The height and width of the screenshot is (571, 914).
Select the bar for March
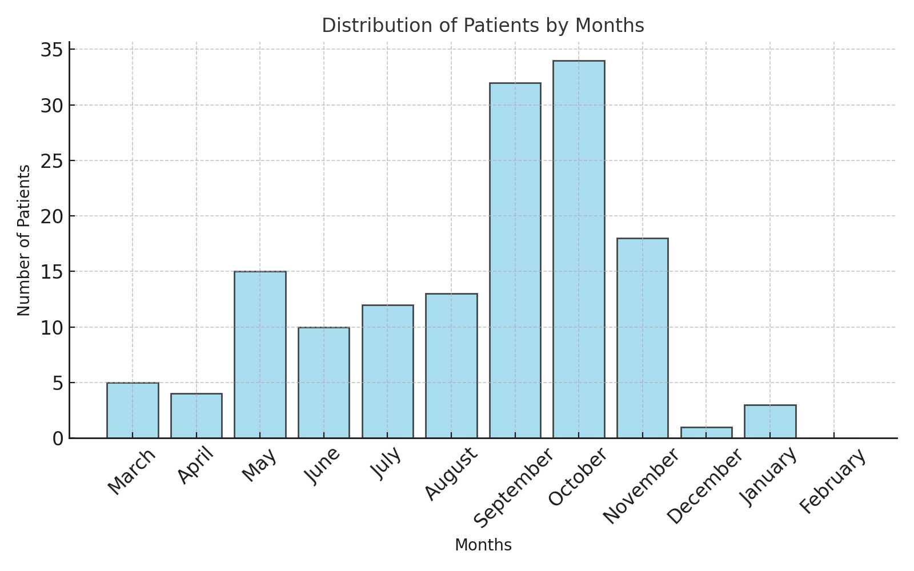[133, 411]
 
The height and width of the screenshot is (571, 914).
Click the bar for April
[197, 416]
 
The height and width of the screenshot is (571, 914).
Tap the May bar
[260, 355]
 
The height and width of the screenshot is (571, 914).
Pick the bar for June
[324, 383]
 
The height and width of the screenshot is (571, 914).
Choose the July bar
[388, 372]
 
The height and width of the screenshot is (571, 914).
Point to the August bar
[451, 366]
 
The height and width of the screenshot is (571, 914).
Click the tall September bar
[515, 260]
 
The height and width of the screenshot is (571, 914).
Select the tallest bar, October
[579, 250]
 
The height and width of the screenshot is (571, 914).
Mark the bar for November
[643, 338]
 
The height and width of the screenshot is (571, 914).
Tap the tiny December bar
[707, 433]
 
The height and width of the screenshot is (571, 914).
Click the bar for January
[771, 422]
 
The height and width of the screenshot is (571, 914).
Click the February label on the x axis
[832, 481]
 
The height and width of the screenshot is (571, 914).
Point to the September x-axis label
[514, 488]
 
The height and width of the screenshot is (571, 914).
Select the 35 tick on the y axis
[52, 50]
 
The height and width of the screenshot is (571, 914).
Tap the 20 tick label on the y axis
[52, 216]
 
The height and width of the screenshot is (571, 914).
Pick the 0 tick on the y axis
[58, 439]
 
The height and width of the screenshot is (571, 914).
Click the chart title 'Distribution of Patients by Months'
[483, 25]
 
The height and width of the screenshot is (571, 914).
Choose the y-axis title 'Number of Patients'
[23, 240]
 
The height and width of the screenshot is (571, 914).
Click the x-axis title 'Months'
[483, 545]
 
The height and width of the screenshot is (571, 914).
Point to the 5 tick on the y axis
[58, 383]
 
